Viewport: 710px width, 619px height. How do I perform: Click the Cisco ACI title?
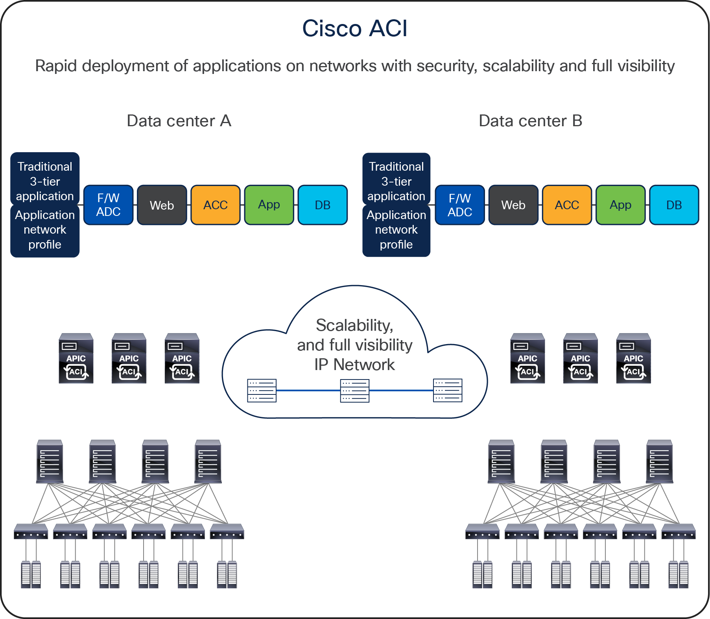pos(354,29)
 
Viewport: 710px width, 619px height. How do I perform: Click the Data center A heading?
pos(179,121)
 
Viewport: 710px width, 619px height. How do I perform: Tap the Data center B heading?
pos(530,121)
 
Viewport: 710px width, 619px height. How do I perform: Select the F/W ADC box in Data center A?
pos(109,205)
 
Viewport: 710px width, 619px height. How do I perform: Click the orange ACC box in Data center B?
pos(567,205)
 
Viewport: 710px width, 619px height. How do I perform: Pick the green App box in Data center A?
pos(269,205)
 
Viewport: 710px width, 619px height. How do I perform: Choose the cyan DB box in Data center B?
pos(674,205)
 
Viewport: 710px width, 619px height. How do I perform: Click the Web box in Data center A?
pos(162,205)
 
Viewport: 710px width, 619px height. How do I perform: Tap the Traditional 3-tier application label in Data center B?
pos(396,181)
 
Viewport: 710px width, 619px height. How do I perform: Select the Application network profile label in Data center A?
pos(45,230)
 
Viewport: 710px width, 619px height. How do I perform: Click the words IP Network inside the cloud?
pos(354,365)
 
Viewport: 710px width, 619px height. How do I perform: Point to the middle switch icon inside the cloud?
pos(354,391)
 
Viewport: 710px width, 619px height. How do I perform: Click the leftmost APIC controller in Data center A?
pos(76,359)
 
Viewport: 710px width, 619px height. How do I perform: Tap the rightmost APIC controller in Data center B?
pos(633,359)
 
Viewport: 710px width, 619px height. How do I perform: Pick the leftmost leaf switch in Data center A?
pos(31,532)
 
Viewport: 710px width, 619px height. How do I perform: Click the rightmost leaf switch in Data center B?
pos(679,532)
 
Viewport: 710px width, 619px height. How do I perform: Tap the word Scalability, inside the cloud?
pos(354,326)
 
